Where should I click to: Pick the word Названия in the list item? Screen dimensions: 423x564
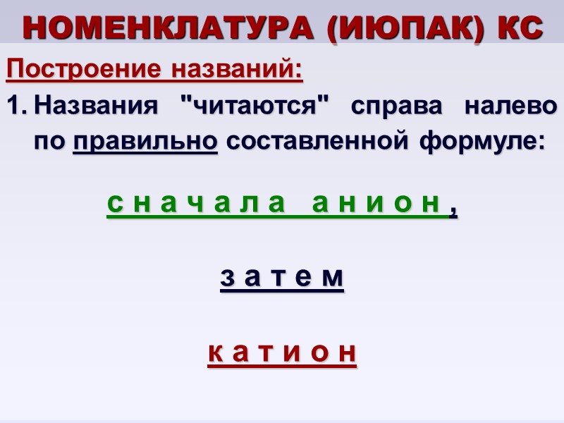tap(95, 108)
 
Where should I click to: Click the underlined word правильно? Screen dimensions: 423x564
tap(145, 142)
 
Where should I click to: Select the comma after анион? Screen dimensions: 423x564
tap(453, 209)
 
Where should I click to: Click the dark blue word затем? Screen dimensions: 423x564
tap(282, 278)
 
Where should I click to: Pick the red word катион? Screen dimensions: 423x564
tap(282, 352)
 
